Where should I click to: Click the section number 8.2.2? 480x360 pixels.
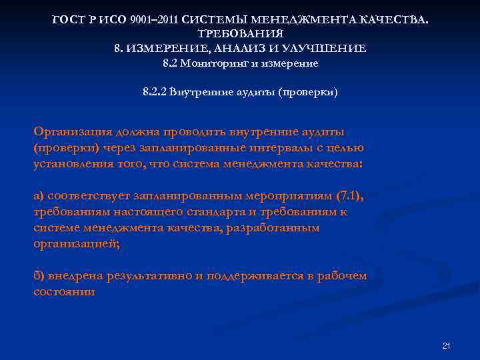point(154,91)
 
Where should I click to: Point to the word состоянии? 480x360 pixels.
point(64,291)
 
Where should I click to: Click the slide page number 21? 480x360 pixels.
point(447,346)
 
